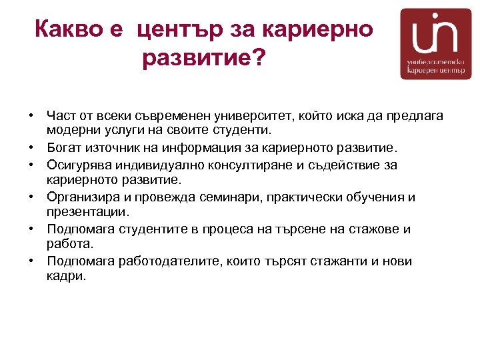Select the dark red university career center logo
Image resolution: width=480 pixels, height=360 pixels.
click(x=435, y=44)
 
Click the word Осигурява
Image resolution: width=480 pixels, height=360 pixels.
click(x=78, y=164)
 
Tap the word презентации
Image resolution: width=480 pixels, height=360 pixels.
click(x=87, y=212)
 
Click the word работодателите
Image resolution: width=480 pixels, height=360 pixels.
click(x=159, y=261)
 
